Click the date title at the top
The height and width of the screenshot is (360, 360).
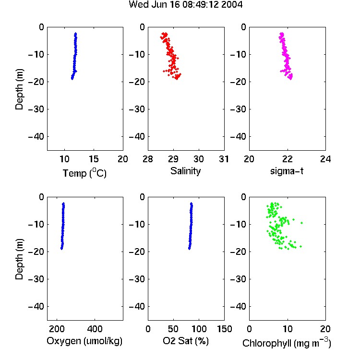click(x=185, y=4)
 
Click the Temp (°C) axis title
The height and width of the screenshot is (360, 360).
click(x=84, y=173)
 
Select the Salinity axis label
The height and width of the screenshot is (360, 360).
click(x=185, y=171)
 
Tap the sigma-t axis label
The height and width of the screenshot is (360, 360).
click(x=287, y=171)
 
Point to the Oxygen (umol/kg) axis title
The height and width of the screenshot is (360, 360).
click(x=84, y=341)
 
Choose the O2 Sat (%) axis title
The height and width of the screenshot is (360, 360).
click(x=186, y=341)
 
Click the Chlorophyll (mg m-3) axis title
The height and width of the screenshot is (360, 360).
click(x=287, y=343)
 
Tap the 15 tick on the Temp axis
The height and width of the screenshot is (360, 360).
click(x=94, y=159)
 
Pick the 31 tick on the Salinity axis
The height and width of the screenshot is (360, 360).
click(x=224, y=159)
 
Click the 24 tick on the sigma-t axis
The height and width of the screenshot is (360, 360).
click(x=325, y=159)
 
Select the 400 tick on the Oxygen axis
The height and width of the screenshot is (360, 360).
click(x=95, y=329)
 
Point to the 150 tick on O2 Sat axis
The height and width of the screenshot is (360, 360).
click(x=224, y=329)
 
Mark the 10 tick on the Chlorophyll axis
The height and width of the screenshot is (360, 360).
click(x=287, y=329)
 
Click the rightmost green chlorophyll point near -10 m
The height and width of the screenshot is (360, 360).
click(x=302, y=223)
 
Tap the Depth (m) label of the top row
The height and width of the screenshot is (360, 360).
click(x=19, y=89)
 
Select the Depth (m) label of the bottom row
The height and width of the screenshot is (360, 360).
click(x=19, y=259)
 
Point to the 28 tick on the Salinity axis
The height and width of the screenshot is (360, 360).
click(x=148, y=159)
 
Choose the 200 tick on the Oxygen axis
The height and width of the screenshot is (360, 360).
click(x=57, y=329)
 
